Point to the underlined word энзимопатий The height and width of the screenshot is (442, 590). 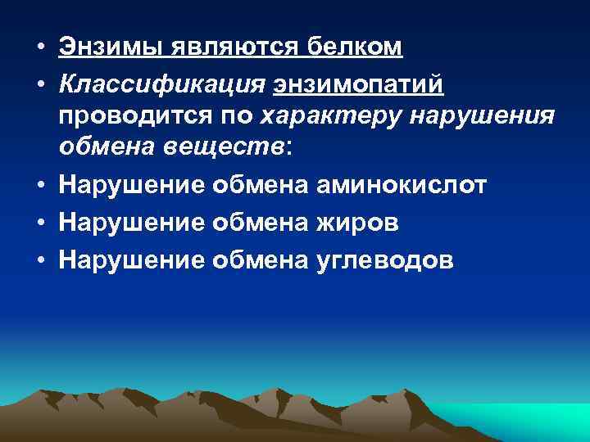coord(359,84)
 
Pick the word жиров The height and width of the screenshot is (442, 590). coord(355,223)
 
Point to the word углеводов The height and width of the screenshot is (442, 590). coord(381,260)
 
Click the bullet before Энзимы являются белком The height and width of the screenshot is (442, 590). coord(40,47)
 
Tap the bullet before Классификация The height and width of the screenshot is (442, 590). coord(40,84)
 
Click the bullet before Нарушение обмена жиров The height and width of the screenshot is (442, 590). coord(40,223)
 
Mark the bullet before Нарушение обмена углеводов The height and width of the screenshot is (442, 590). coord(40,260)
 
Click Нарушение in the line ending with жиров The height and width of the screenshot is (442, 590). coord(131,223)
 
